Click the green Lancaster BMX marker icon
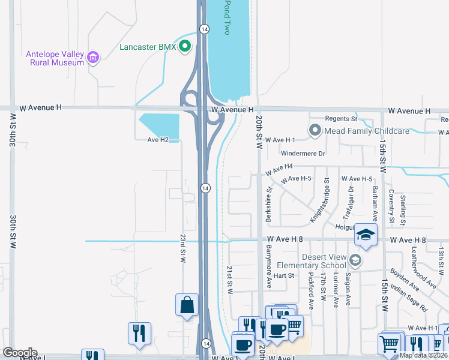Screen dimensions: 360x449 click(185, 46)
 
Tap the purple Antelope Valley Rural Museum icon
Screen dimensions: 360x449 click(92, 58)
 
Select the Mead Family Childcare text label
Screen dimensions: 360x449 click(367, 131)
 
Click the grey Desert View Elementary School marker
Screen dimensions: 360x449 click(355, 260)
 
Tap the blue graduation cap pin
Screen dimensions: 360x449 click(364, 235)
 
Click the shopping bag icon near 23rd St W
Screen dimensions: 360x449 click(187, 304)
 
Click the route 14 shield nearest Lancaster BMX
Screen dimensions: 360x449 click(205, 29)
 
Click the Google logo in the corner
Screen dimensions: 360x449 click(20, 352)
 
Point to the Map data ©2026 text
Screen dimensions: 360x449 click(423, 355)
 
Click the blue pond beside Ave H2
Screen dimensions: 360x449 click(161, 125)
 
